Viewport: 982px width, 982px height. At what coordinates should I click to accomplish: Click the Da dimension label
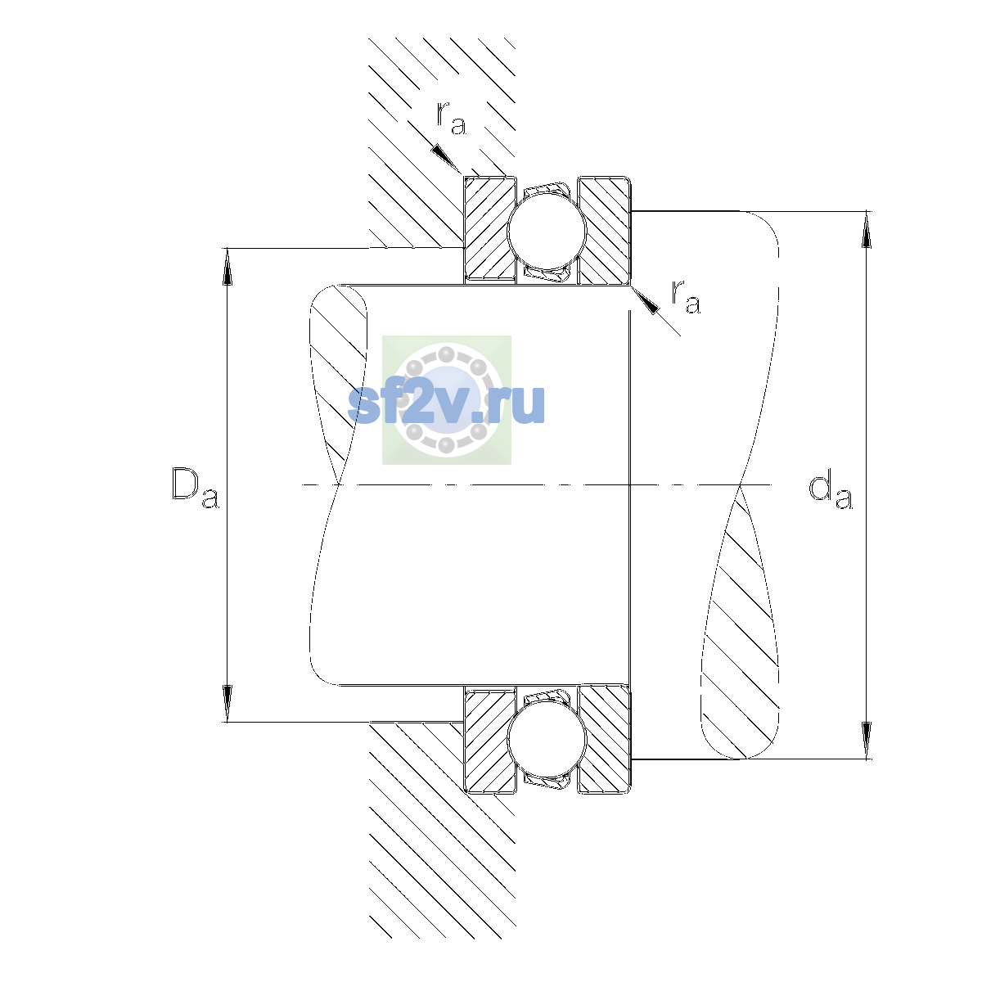(x=196, y=488)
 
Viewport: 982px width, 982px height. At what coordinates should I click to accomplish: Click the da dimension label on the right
(x=830, y=492)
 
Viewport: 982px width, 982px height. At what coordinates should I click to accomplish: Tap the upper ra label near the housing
(x=452, y=118)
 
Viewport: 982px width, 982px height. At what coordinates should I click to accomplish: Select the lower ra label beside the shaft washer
(x=686, y=297)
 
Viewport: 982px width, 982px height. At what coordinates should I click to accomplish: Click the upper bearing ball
(x=547, y=230)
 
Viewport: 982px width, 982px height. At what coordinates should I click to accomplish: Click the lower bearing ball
(x=547, y=738)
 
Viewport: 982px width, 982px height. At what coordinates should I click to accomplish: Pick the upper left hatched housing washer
(x=489, y=229)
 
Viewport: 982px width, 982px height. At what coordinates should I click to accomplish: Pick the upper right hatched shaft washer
(x=604, y=230)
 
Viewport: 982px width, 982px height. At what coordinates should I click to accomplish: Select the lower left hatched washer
(x=489, y=740)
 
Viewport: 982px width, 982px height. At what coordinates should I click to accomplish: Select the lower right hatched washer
(x=604, y=738)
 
